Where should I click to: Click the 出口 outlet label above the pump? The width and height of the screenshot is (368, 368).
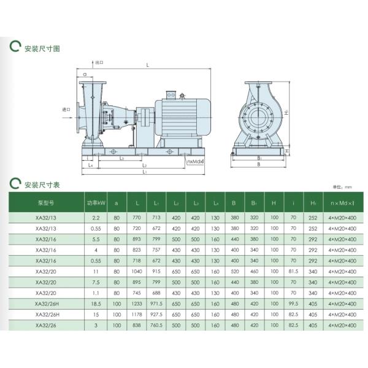coord(99,63)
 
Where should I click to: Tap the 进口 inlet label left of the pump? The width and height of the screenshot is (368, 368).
coord(67,110)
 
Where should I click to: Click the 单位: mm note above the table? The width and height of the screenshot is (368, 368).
coord(342,187)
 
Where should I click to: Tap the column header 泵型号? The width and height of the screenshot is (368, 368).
coord(47,202)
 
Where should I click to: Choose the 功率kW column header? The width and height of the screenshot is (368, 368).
coord(96,202)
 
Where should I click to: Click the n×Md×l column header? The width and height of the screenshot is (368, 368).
coord(342,202)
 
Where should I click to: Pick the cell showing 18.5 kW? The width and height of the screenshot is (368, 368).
coord(96,304)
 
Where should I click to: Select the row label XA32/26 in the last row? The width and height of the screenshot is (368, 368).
coord(47,326)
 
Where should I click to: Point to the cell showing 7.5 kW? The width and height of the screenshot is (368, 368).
coord(96,282)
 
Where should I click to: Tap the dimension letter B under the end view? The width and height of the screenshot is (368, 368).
coord(258,164)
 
